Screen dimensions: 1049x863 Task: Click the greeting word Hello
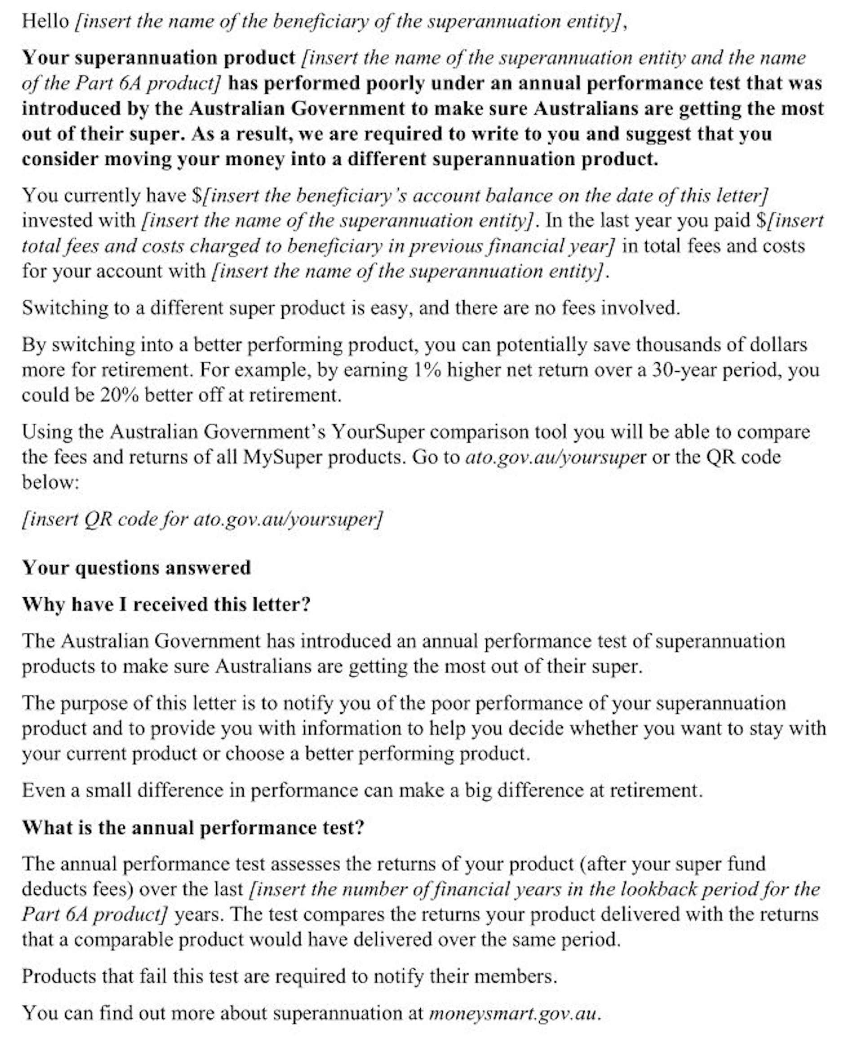[45, 22]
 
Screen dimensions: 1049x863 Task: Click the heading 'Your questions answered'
[136, 568]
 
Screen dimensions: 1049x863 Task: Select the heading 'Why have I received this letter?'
[166, 605]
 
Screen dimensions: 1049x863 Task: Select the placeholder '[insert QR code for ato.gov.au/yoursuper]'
[202, 519]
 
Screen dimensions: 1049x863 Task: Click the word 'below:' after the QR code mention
[50, 482]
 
